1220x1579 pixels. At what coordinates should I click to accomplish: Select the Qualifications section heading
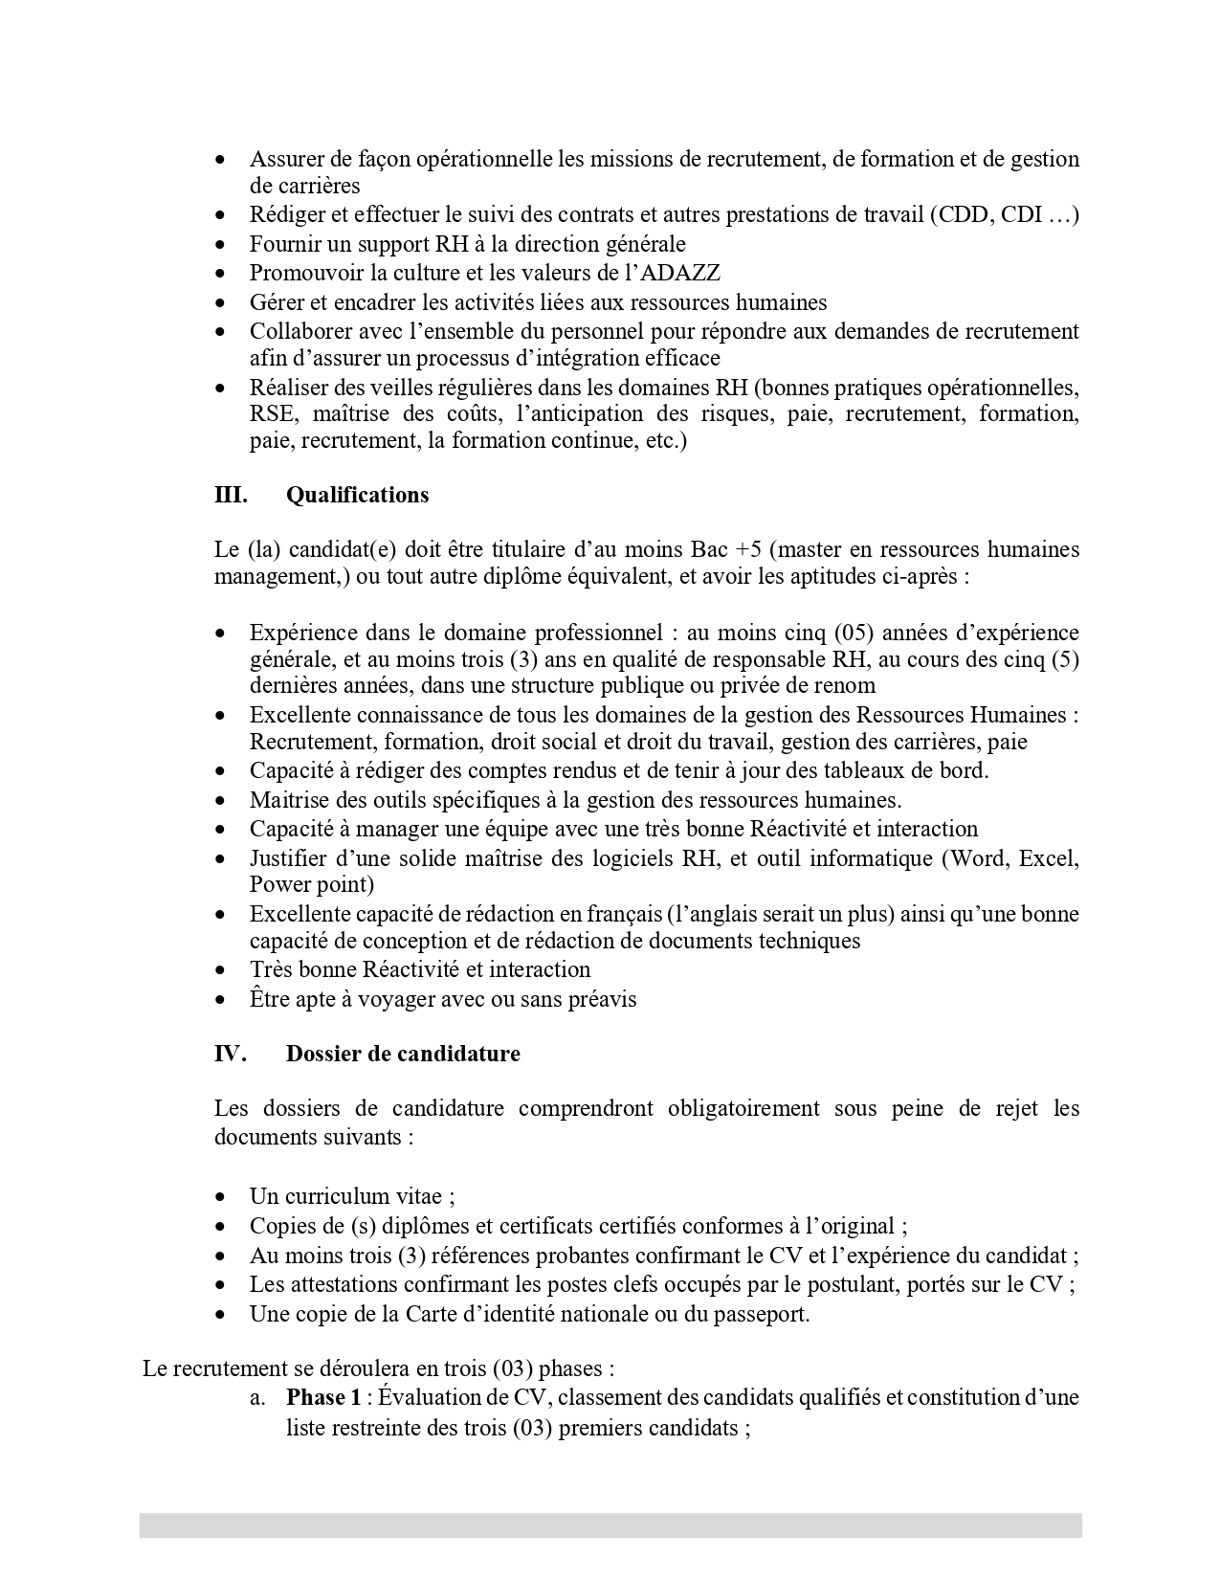[357, 495]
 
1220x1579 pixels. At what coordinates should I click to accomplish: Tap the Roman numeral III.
[231, 495]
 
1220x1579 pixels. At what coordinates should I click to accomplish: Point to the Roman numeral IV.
[231, 1054]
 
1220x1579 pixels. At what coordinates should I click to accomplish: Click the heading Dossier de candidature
[403, 1054]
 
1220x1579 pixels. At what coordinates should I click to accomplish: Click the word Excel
[1049, 857]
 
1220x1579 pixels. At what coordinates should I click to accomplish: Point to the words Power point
[312, 884]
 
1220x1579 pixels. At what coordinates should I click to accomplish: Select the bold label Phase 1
[323, 1397]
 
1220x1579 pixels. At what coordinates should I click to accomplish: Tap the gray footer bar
[610, 1525]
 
